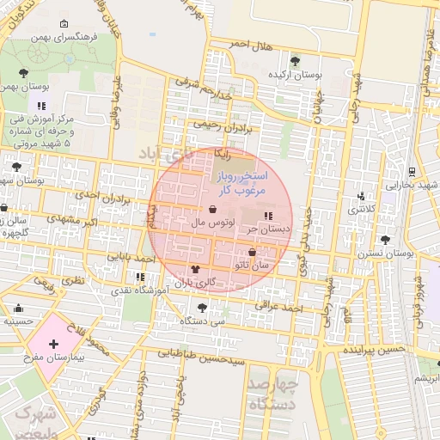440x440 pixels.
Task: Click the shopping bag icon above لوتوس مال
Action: click(x=212, y=209)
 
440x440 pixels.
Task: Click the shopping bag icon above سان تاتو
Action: click(x=251, y=253)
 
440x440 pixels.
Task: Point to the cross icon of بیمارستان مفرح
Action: click(x=54, y=344)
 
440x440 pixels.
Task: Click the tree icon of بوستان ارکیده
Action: click(x=296, y=60)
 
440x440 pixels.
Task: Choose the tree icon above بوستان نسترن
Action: click(x=384, y=240)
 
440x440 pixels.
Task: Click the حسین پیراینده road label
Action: click(x=374, y=351)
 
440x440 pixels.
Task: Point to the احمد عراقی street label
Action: click(x=280, y=306)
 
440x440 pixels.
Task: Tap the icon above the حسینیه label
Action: click(x=19, y=308)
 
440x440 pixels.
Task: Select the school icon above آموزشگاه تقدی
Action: click(x=139, y=277)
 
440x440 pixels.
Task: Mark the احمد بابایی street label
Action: click(x=131, y=257)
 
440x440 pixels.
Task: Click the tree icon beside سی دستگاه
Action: click(x=202, y=308)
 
